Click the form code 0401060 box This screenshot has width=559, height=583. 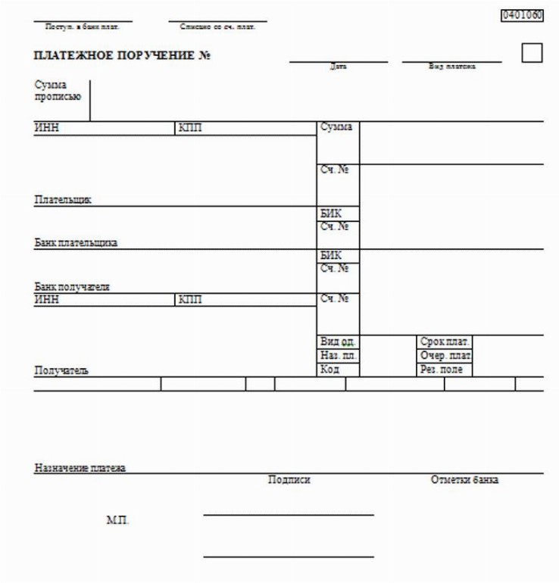pos(523,14)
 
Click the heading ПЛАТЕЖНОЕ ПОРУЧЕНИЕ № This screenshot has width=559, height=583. pos(122,55)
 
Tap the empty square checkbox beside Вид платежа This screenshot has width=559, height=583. pos(532,53)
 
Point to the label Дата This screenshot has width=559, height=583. pos(338,67)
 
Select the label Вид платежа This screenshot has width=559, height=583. pos(452,67)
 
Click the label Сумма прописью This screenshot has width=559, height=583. pos(58,91)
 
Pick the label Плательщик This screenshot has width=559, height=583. pos(63,200)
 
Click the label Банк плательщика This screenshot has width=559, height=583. pos(76,243)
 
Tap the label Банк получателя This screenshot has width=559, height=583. pos(73,287)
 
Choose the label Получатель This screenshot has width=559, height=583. pos(61,371)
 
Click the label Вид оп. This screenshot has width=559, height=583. pos(338,342)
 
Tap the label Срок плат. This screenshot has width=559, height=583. pos(445,342)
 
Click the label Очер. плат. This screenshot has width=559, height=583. pos(445,356)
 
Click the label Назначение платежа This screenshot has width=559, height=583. pos(80,468)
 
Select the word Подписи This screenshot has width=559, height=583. pos(289,480)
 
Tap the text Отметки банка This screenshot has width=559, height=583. pos(464,480)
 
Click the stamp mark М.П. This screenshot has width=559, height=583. pos(117,520)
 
